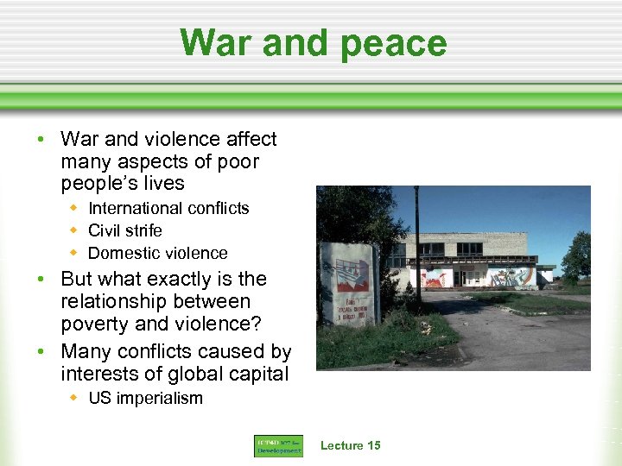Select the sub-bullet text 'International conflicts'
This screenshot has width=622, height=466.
tap(168, 208)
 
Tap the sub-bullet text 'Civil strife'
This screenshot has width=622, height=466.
tap(125, 230)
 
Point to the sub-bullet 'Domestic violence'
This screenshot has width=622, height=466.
tap(158, 253)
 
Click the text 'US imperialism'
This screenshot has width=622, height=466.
tap(145, 398)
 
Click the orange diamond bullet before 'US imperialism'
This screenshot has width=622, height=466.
tap(75, 398)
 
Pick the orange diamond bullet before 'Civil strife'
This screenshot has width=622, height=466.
tap(75, 230)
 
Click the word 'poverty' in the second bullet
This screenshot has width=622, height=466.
tap(95, 324)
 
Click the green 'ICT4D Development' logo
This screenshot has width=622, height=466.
tap(278, 446)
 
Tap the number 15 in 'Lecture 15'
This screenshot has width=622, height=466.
tap(372, 445)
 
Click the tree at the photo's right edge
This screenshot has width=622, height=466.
tap(578, 259)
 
